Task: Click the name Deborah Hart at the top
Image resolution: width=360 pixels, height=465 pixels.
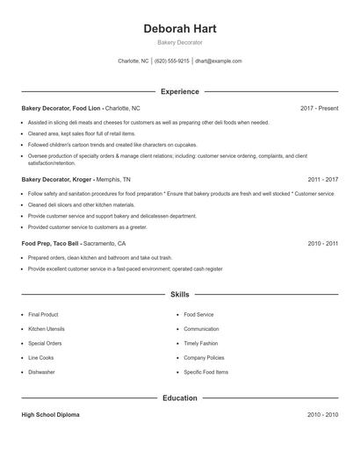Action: coord(179,28)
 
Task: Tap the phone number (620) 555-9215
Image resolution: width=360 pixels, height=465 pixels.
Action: coord(172,61)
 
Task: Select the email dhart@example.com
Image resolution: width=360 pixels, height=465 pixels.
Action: coord(218,61)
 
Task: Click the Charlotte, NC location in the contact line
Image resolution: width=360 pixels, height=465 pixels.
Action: coord(133,61)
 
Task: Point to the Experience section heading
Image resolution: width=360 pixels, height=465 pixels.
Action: coord(179,91)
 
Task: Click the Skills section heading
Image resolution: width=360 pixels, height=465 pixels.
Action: coord(179,296)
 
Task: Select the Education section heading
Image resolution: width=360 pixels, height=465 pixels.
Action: coord(179,397)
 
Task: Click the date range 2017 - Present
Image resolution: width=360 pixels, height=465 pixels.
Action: coord(319,108)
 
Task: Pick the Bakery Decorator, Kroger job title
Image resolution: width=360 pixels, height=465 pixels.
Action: coord(55,179)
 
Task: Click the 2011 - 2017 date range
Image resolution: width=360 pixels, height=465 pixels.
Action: coord(322,179)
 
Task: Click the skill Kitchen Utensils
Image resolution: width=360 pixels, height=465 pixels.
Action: coord(46,329)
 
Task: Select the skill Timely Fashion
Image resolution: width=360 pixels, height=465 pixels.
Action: coord(201,343)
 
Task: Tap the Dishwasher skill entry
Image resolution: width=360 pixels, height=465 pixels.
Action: coord(41,372)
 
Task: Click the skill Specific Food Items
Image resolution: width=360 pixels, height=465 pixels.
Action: coord(206,372)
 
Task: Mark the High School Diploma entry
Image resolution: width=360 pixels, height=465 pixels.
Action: coord(50,414)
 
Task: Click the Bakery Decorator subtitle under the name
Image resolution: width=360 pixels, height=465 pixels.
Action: coord(179,42)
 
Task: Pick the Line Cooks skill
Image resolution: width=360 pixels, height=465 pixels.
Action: coord(41,358)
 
